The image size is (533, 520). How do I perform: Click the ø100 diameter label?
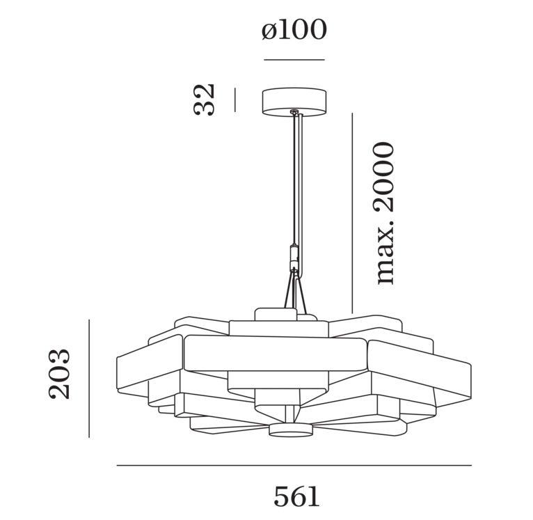coord(294,31)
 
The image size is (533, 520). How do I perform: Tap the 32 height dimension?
coord(205,99)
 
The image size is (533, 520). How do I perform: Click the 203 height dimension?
coord(61,373)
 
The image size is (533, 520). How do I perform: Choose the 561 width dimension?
coord(296,496)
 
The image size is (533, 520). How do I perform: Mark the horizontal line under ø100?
coord(294,60)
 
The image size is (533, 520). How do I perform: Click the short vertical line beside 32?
coord(235,100)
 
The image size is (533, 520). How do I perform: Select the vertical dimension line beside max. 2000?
coord(353,213)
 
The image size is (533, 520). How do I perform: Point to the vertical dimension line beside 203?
coord(89,378)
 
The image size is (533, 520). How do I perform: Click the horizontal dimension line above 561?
coord(294,465)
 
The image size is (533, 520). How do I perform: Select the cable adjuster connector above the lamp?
coord(294,260)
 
